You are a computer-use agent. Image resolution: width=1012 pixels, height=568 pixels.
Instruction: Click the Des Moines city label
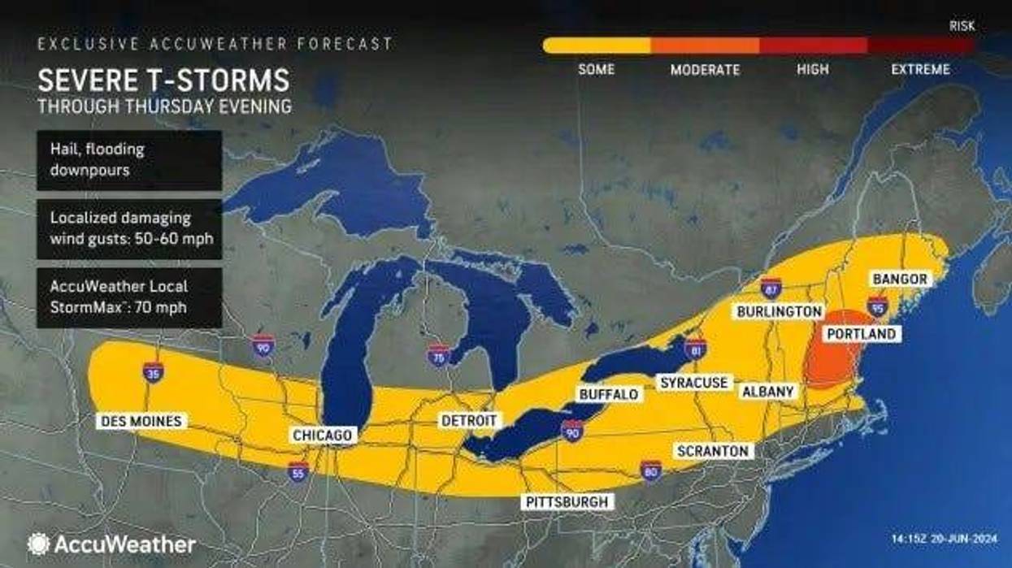click(x=141, y=422)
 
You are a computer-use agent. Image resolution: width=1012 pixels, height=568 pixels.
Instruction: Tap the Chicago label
click(x=323, y=436)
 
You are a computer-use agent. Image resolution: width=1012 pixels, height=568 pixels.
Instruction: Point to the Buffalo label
click(x=609, y=394)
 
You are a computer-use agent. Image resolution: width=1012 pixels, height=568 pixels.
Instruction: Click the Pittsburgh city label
click(x=567, y=501)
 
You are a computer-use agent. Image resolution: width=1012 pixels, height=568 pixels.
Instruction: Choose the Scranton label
click(x=713, y=451)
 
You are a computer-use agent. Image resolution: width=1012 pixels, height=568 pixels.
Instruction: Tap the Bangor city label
click(x=900, y=280)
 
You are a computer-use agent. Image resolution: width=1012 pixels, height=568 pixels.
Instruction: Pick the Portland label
click(x=861, y=334)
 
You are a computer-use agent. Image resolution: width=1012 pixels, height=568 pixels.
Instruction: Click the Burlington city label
click(x=779, y=311)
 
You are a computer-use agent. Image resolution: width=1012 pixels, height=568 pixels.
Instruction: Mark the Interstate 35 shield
click(x=153, y=372)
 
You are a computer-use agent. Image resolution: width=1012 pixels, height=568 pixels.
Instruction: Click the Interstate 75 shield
click(x=439, y=355)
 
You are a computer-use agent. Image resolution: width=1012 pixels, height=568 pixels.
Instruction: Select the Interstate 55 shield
click(x=298, y=471)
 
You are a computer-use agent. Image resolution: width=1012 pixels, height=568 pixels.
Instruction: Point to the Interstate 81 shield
click(x=695, y=349)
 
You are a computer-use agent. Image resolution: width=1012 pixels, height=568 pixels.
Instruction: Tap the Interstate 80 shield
click(x=649, y=470)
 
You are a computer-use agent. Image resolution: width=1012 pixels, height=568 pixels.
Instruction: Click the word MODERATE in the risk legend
click(x=705, y=70)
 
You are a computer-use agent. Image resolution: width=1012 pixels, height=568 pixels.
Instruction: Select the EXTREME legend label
click(x=920, y=70)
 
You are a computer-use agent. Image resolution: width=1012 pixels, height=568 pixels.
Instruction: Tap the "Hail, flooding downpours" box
click(x=129, y=160)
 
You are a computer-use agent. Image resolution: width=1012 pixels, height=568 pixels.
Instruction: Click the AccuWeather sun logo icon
click(x=38, y=544)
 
